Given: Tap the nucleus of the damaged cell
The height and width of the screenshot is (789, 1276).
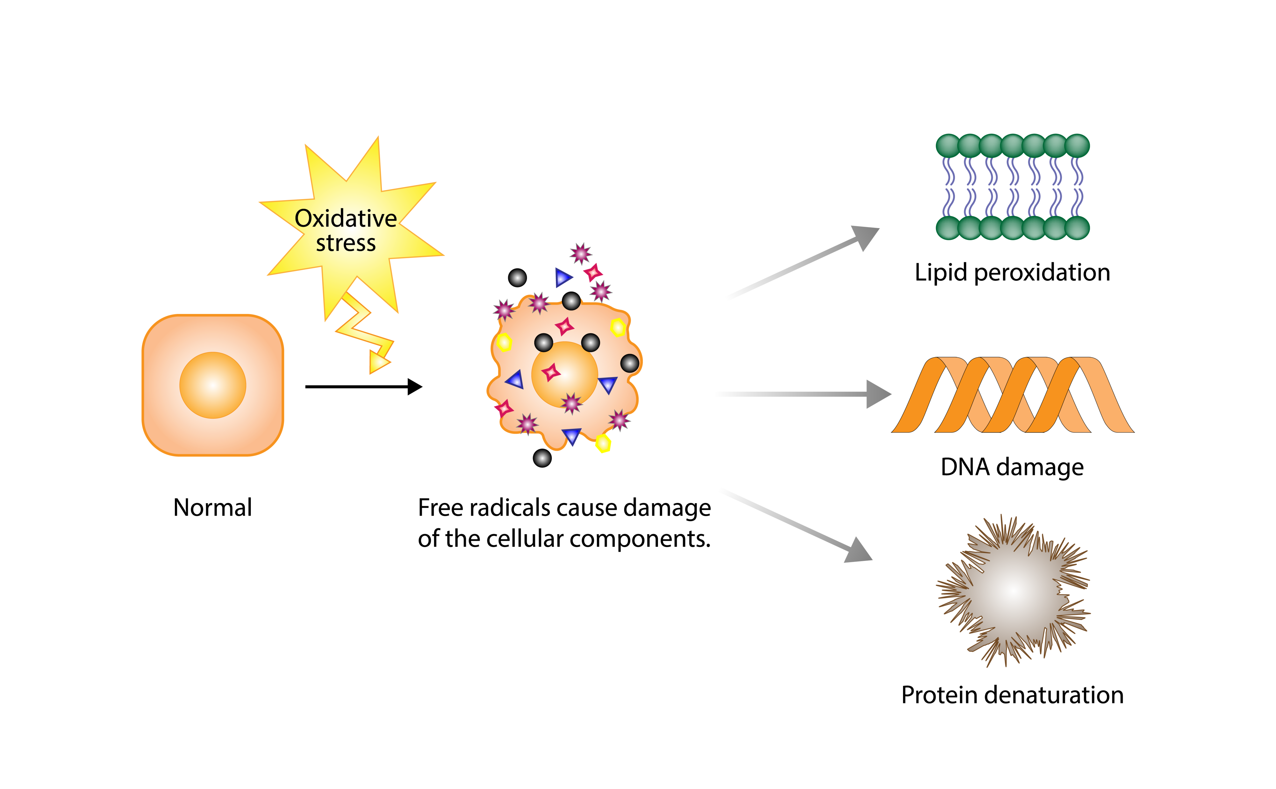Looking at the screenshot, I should pyautogui.click(x=564, y=374).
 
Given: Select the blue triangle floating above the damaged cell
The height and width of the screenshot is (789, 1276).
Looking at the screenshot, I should pyautogui.click(x=563, y=277).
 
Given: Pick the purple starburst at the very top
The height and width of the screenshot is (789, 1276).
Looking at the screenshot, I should pyautogui.click(x=580, y=254).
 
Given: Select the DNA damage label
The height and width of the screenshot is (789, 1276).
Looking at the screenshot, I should pyautogui.click(x=1012, y=467).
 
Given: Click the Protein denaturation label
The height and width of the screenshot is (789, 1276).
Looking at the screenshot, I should pyautogui.click(x=1012, y=695).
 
